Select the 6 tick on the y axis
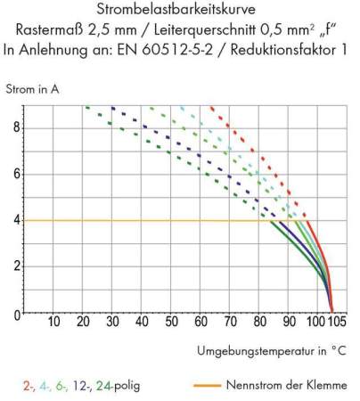pyautogui.click(x=15, y=174)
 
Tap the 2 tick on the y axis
pyautogui.click(x=15, y=266)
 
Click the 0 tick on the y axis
pyautogui.click(x=15, y=314)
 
